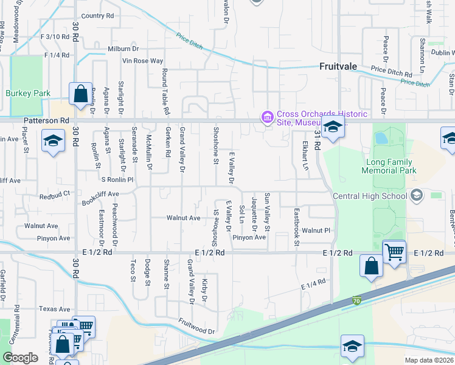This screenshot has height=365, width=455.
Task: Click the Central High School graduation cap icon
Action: (416, 195)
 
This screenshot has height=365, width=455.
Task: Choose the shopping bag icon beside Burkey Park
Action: (80, 94)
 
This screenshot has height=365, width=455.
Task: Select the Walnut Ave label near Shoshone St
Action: (184, 218)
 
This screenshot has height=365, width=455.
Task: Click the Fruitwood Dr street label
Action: (196, 327)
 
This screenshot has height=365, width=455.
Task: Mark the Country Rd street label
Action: (97, 16)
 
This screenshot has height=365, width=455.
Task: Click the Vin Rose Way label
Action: (143, 61)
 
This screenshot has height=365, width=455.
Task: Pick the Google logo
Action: (20, 358)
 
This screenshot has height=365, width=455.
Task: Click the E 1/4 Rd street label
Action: (313, 284)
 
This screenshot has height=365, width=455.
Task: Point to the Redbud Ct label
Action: (55, 196)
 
